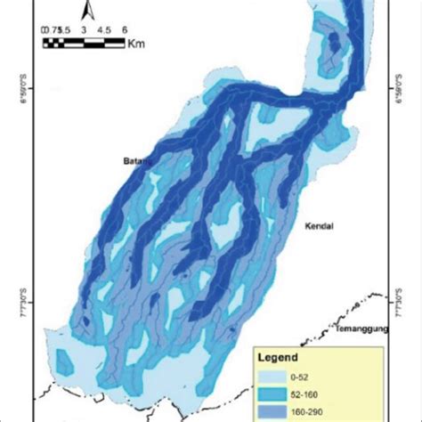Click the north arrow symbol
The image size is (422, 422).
click(86, 10)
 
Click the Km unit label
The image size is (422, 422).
click(134, 43)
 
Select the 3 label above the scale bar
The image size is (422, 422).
click(83, 29)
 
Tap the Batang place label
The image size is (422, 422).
click(134, 161)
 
